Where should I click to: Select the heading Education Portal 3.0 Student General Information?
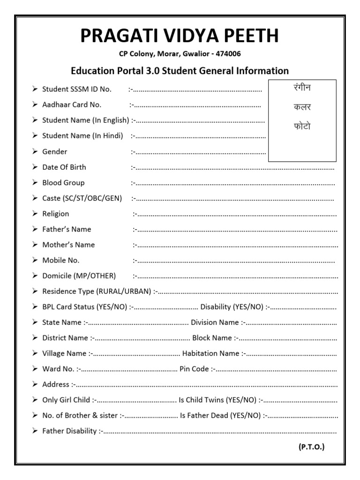180,71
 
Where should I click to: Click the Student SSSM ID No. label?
77,89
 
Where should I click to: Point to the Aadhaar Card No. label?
72,105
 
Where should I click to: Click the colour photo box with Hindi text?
302,120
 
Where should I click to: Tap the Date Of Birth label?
64,167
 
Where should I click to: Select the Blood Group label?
63,182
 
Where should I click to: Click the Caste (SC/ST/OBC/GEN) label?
82,198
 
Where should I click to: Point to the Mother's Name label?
68,245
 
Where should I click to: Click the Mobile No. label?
61,260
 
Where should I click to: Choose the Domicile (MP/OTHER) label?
79,276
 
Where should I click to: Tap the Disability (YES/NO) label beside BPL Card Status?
232,307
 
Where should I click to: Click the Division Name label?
215,322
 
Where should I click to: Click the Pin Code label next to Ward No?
194,369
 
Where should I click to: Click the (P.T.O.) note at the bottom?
311,447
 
